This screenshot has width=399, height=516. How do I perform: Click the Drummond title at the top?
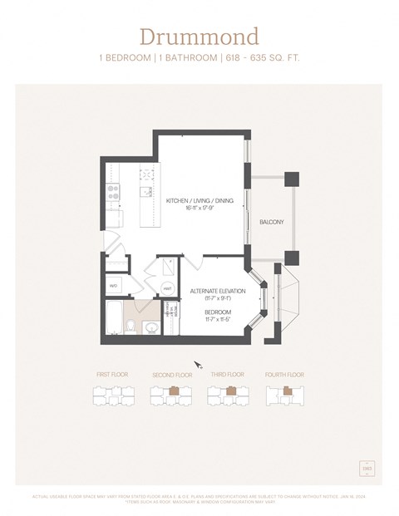(199, 37)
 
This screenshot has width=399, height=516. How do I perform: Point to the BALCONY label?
(271, 222)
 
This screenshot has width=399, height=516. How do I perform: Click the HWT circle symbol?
(167, 288)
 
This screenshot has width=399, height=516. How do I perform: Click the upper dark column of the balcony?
(291, 179)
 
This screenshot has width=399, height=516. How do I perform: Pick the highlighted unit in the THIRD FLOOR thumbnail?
(229, 391)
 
